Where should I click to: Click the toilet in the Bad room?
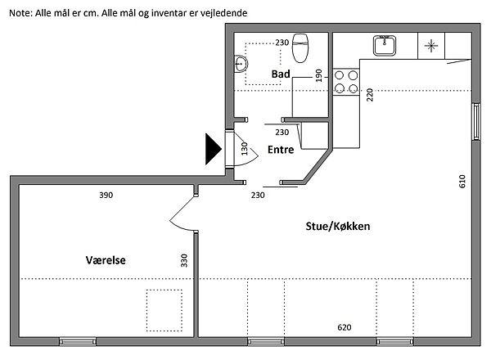click(300, 48)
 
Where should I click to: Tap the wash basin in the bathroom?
click(241, 64)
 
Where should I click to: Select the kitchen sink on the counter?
click(385, 46)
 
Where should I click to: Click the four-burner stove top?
click(346, 82)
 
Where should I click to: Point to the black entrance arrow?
click(214, 149)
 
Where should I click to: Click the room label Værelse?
click(106, 260)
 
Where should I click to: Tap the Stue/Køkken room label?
click(338, 227)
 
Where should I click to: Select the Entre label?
click(281, 150)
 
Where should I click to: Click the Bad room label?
click(281, 74)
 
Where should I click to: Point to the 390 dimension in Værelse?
click(106, 196)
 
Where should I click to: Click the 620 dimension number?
click(345, 327)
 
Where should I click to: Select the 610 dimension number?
click(462, 182)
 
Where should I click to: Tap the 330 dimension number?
click(184, 260)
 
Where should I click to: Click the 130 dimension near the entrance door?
click(245, 149)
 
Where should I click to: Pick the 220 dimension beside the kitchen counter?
click(370, 95)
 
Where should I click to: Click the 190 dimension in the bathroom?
click(319, 75)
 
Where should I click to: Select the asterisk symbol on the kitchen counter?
click(431, 46)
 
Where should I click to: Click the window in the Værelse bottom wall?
click(78, 341)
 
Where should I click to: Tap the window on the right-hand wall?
click(476, 121)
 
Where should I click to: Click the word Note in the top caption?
click(20, 13)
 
